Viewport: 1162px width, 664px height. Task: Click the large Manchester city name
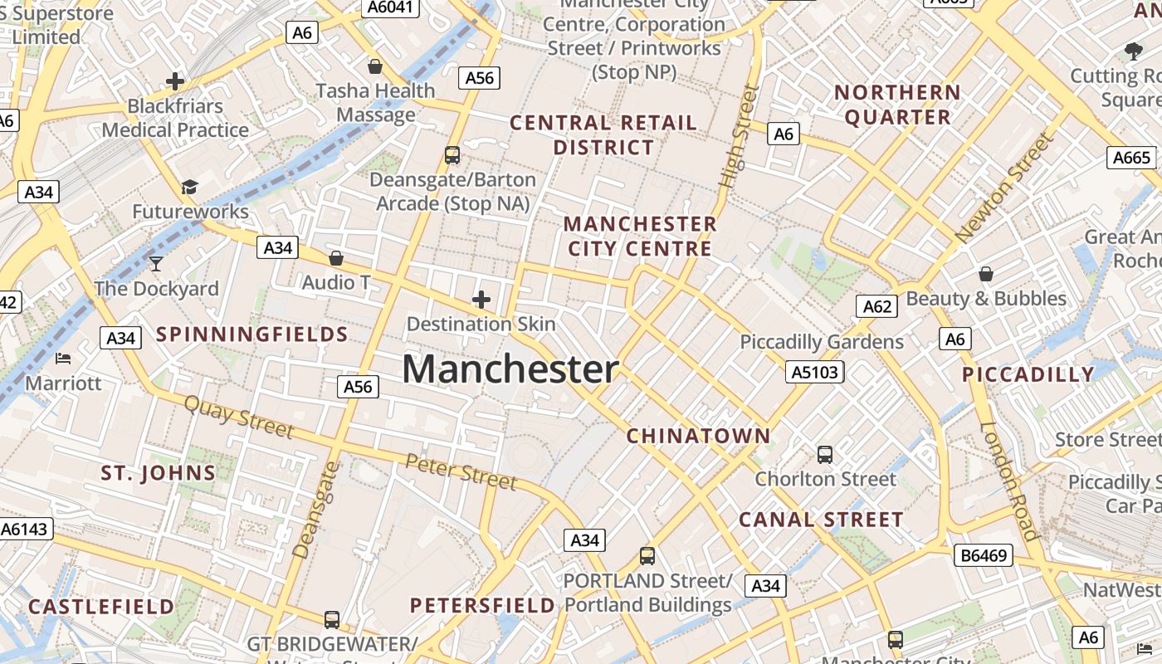[x=510, y=369]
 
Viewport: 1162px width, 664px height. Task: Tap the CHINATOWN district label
[x=698, y=436]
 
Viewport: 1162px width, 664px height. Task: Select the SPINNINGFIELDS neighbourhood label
[x=252, y=334]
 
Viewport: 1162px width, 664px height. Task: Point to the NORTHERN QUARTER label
[x=897, y=105]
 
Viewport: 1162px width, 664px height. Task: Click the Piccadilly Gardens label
[x=822, y=342]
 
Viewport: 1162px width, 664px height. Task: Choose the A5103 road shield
[x=814, y=372]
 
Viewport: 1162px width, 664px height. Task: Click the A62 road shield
[x=877, y=307]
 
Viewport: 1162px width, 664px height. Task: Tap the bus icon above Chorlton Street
[x=824, y=455]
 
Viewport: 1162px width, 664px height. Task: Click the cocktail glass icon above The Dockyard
[x=155, y=265]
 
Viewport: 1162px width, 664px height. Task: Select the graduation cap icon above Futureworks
[x=190, y=187]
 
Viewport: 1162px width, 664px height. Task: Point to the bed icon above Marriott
[x=63, y=359]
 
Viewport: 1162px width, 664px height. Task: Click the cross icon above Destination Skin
[x=481, y=299]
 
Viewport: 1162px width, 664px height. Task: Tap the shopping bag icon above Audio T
[x=336, y=258]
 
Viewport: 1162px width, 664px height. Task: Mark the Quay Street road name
[x=238, y=416]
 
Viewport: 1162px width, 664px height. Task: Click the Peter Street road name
[x=461, y=471]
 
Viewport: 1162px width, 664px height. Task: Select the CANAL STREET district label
[x=821, y=520]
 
